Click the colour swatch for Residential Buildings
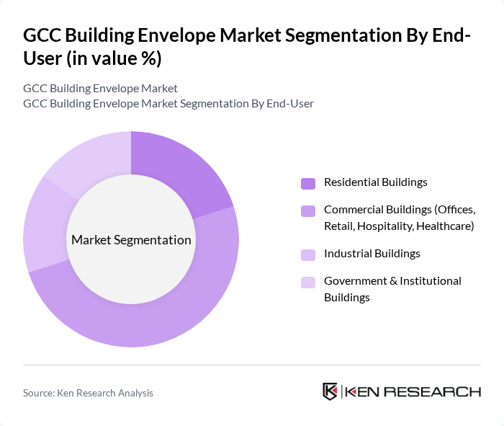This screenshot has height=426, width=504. pyautogui.click(x=308, y=183)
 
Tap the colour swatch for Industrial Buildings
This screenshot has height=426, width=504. pyautogui.click(x=308, y=254)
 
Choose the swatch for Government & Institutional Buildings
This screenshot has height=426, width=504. pyautogui.click(x=308, y=282)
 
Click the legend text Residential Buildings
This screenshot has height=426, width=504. pyautogui.click(x=375, y=182)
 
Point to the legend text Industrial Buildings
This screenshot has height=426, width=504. pyautogui.click(x=372, y=254)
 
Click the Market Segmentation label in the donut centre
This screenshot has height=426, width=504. pyautogui.click(x=131, y=240)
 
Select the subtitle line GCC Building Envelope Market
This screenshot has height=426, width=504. pyautogui.click(x=100, y=89)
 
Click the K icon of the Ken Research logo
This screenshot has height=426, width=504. pyautogui.click(x=330, y=391)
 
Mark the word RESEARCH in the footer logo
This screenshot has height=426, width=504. pyautogui.click(x=438, y=392)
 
